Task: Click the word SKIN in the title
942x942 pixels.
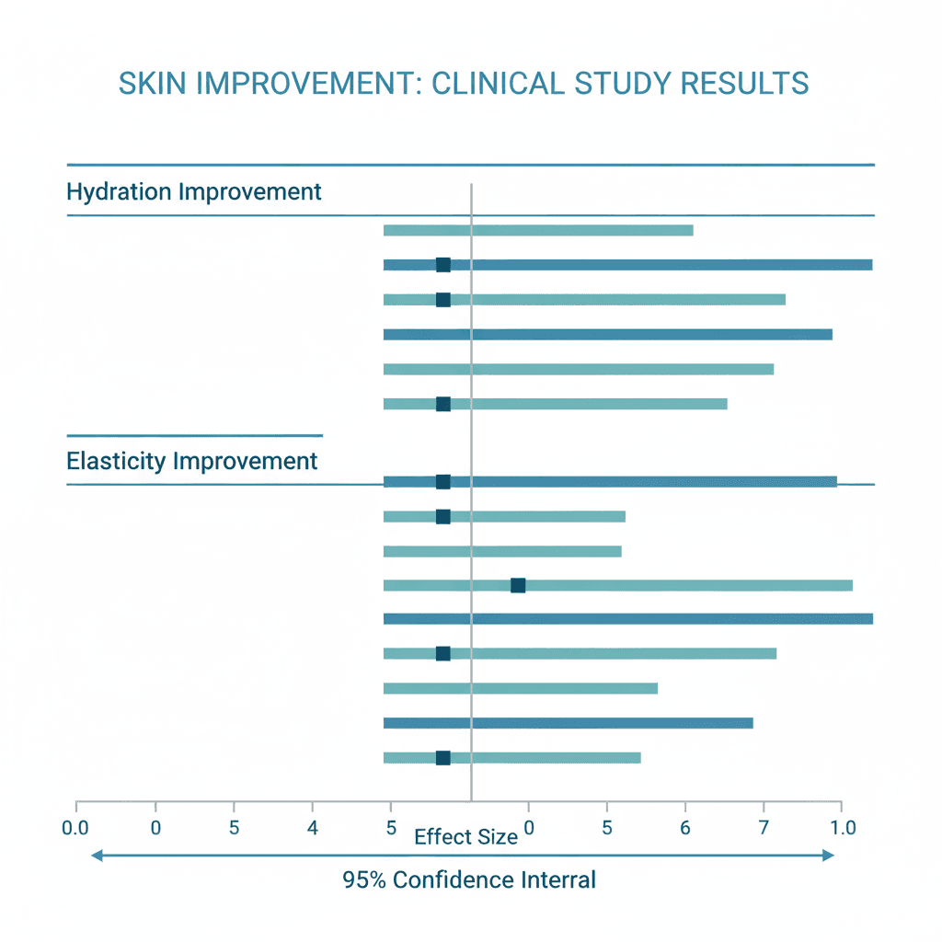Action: tap(151, 83)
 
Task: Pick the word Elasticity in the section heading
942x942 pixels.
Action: tap(116, 461)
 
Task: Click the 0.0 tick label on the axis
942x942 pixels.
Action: tap(75, 828)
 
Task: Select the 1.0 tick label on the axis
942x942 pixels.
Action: tap(843, 828)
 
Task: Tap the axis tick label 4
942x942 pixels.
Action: tap(313, 828)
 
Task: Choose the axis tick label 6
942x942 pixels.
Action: tap(685, 828)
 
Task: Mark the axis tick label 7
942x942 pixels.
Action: tap(764, 828)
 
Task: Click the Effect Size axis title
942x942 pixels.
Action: tap(465, 837)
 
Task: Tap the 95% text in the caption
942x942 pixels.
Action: tap(364, 880)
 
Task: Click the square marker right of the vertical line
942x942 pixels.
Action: tap(518, 585)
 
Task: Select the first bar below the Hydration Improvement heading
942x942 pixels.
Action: tap(537, 230)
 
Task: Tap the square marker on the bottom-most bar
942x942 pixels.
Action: tap(442, 758)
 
